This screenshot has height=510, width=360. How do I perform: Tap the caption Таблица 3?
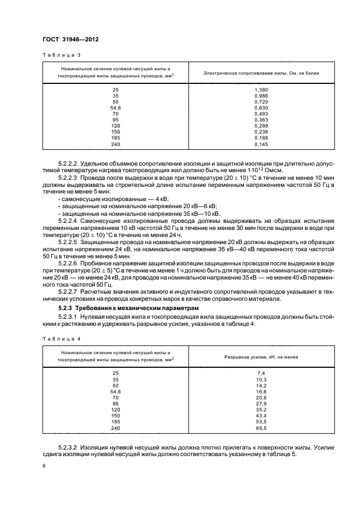pos(57,55)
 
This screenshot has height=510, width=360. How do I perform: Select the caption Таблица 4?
pos(57,338)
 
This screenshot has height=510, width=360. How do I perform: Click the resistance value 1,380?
pos(261,89)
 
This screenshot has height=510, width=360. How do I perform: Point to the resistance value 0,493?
pos(261,113)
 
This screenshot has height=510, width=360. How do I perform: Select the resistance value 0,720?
pos(261,101)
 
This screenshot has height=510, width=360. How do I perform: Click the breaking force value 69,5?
pos(261,428)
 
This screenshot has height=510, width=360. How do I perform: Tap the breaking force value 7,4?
pos(261,373)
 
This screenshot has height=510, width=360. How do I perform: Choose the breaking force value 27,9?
pos(261,403)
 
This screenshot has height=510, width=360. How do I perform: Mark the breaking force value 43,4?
pos(261,416)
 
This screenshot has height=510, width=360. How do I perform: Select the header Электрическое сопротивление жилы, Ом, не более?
pos(261,73)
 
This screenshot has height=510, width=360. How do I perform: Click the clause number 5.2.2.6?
pos(68,263)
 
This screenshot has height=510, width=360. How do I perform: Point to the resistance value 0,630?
pos(261,107)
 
